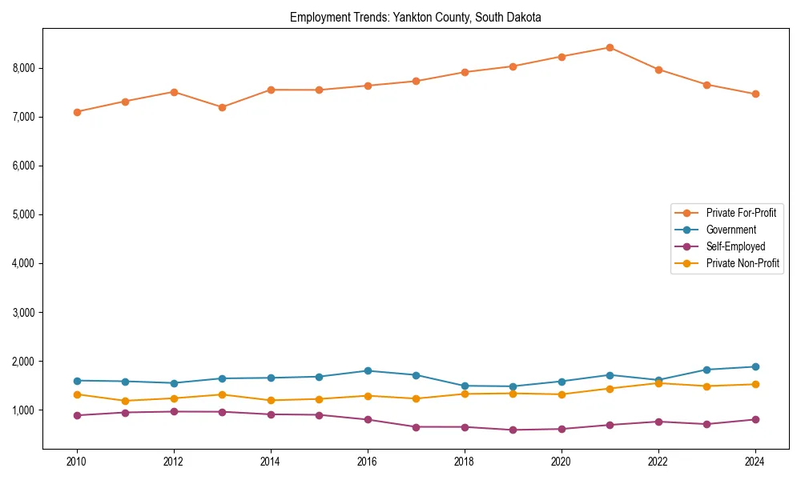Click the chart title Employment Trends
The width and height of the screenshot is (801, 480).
[x=416, y=18]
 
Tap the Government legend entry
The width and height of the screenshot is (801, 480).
[x=731, y=230]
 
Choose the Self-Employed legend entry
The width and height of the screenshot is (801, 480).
[x=735, y=246]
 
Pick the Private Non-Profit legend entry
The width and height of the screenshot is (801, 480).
[x=743, y=263]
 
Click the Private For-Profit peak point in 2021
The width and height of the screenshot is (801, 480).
[x=610, y=47]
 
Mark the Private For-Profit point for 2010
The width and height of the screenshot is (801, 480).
[x=77, y=112]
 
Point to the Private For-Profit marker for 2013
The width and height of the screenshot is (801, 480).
[x=222, y=107]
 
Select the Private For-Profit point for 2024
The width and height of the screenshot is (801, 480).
[x=755, y=94]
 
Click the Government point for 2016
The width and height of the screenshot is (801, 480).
[x=368, y=370]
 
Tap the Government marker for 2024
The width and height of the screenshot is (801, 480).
[x=755, y=366]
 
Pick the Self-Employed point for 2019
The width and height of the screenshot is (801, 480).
[x=513, y=430]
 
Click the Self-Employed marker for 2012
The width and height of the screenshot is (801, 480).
[x=174, y=411]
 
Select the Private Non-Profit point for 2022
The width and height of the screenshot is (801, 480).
[x=658, y=383]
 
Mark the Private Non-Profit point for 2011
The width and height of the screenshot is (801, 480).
[x=125, y=401]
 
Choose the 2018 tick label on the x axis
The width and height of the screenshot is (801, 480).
[x=464, y=462]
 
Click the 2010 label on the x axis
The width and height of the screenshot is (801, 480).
[x=77, y=462]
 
